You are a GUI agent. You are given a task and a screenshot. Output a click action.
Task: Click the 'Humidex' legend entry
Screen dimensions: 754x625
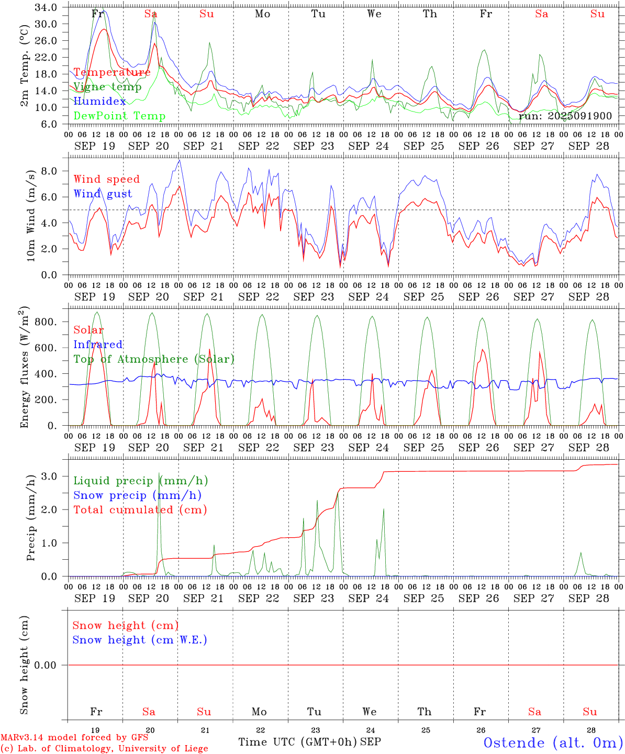click(x=99, y=102)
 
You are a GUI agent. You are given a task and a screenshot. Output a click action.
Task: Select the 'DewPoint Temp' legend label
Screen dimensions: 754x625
click(x=119, y=116)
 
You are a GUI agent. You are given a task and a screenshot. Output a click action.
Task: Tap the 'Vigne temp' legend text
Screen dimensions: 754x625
click(x=107, y=87)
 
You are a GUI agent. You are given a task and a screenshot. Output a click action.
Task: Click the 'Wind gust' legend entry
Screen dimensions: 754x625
click(x=103, y=194)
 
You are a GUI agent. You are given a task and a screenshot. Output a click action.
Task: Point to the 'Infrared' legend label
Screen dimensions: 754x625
click(x=98, y=345)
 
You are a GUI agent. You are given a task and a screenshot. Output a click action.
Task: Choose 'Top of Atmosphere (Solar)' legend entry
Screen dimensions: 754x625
click(x=154, y=359)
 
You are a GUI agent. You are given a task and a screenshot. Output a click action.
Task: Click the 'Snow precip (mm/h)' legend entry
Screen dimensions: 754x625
click(x=137, y=495)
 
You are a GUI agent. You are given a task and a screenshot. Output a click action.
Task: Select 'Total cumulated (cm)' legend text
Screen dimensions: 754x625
click(x=140, y=510)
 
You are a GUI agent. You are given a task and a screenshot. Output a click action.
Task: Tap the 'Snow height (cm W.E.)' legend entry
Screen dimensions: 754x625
click(x=140, y=640)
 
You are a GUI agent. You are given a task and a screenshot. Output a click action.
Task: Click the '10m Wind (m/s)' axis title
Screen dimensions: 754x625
click(x=30, y=215)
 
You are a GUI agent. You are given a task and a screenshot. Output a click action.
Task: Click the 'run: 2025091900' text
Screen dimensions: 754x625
click(x=565, y=116)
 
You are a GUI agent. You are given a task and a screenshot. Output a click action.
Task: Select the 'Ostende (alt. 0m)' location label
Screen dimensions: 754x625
click(x=553, y=742)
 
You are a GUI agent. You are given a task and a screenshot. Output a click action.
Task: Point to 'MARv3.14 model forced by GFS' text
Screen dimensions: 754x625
click(x=74, y=738)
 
